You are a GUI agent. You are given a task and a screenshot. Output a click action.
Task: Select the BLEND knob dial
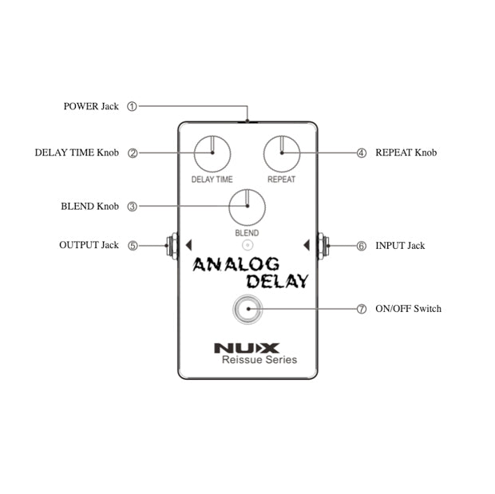point(247,207)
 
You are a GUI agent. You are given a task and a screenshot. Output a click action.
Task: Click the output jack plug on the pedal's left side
point(172,246)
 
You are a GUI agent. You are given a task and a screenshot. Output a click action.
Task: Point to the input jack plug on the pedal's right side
point(323,246)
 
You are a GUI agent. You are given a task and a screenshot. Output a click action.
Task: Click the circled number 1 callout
point(133,106)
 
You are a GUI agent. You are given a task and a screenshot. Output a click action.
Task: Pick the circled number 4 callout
point(361,152)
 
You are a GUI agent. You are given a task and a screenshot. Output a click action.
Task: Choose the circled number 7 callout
point(361,309)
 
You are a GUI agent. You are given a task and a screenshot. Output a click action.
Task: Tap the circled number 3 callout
point(133,207)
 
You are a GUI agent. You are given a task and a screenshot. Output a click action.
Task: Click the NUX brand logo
point(247,347)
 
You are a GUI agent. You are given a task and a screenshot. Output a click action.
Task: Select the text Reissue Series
point(259,360)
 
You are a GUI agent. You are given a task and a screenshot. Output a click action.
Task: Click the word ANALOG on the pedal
point(236,264)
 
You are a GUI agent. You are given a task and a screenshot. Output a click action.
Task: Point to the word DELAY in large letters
point(276,281)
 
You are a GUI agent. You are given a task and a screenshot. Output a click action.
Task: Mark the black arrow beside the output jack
point(188,244)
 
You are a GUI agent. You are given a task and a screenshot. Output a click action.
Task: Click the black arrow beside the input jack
point(307,244)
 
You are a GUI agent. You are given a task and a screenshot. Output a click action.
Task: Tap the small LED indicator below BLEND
point(247,245)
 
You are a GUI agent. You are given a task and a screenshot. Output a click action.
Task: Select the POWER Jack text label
point(91,106)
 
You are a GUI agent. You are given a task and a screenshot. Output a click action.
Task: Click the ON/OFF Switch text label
point(408,309)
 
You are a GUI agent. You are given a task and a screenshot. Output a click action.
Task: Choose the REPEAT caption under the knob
point(281,180)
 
